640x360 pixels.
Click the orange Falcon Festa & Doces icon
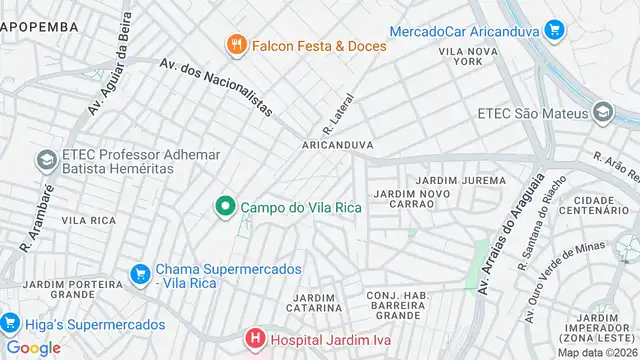click(236, 44)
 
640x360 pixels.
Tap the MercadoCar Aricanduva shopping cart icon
click(555, 31)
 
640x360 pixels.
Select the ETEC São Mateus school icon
click(602, 113)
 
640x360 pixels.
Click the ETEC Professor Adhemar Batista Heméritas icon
click(46, 160)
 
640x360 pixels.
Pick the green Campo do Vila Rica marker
click(226, 207)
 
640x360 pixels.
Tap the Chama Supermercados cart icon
click(140, 272)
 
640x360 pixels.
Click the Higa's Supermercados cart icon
click(11, 323)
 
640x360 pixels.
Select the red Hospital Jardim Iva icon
click(256, 339)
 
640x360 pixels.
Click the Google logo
click(33, 348)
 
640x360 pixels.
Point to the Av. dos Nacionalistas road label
click(215, 87)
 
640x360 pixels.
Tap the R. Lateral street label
click(334, 121)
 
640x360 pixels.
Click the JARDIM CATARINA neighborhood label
click(315, 303)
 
